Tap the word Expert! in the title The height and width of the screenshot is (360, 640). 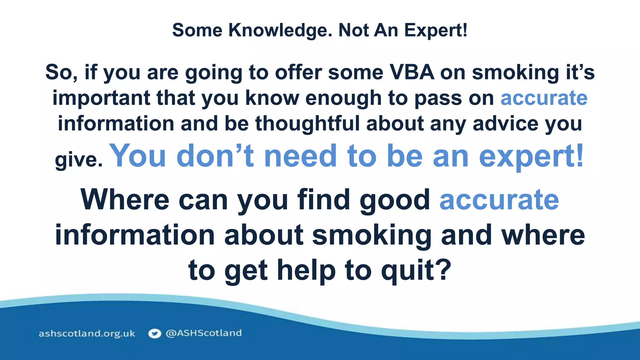point(436,30)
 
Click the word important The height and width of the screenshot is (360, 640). point(101,98)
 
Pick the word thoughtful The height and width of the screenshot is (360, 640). point(307,123)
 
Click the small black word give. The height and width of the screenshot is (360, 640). point(78,160)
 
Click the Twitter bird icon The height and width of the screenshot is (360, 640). point(154,333)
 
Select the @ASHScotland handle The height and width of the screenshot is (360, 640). point(204,333)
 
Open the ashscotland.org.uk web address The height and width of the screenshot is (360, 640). point(87,333)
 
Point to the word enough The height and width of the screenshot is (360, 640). point(343,98)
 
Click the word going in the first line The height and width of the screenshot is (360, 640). point(214,72)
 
